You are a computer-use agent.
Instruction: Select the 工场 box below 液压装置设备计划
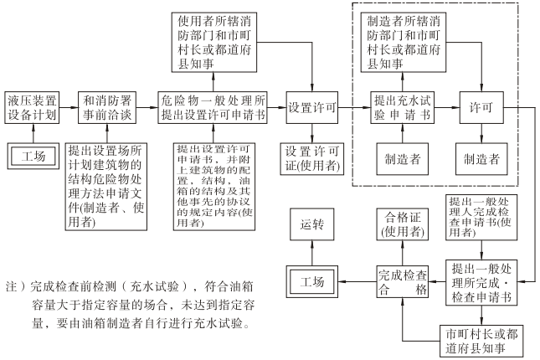pos(33,156)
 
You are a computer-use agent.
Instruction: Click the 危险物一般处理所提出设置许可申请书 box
pos(213,107)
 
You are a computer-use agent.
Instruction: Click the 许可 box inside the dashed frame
pos(482,107)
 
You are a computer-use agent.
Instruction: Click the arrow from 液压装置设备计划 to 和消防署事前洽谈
pos(70,107)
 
